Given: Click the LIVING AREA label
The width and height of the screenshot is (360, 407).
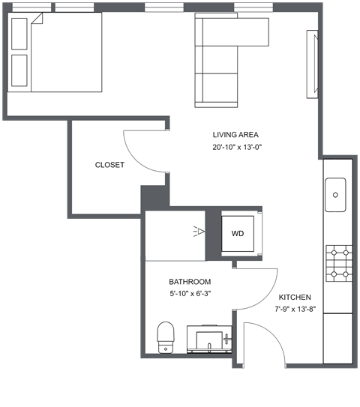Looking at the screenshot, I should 235,135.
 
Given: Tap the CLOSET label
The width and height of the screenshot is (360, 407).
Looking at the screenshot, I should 109,165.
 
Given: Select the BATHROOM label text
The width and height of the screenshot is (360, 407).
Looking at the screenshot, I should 189,282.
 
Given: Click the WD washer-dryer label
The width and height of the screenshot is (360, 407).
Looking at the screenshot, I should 237,234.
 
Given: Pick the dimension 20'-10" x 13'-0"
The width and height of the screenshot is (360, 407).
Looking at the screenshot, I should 235,148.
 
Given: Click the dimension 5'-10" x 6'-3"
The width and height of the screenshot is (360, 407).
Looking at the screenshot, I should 189,294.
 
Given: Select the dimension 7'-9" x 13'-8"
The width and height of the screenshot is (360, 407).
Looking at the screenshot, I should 297,309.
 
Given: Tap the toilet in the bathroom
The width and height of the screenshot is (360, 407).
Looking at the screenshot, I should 165,337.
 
